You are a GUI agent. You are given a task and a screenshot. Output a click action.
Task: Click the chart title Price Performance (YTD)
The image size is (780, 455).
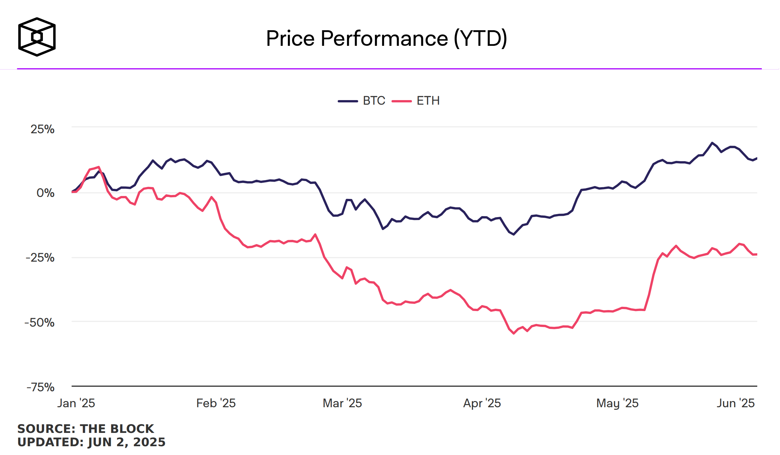tap(386, 38)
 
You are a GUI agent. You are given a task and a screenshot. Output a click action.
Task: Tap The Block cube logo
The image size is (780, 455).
tap(37, 37)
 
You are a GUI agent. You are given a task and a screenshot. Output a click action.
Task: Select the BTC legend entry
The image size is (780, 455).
tap(362, 101)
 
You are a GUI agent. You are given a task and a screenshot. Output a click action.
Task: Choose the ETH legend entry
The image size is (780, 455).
tap(416, 101)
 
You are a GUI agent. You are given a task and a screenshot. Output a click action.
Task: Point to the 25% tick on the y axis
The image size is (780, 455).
tap(43, 129)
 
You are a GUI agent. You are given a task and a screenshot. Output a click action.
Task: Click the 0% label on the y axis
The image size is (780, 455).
tap(45, 193)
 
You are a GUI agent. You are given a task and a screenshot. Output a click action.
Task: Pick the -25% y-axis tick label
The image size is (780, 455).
tap(40, 258)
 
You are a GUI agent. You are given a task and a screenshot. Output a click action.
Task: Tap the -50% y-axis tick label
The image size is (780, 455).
tap(40, 323)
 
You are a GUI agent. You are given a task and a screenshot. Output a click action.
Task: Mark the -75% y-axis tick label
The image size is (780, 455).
tap(41, 387)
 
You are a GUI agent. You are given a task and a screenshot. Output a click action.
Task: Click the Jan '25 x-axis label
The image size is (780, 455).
tap(76, 403)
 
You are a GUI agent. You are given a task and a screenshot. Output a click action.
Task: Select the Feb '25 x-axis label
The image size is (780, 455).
tap(216, 403)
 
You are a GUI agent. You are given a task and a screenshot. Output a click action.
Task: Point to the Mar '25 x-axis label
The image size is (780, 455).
tap(342, 403)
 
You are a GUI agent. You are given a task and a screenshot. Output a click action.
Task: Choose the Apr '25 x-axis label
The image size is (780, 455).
tap(482, 403)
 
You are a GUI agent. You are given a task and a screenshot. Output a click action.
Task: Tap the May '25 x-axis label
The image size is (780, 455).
tap(617, 403)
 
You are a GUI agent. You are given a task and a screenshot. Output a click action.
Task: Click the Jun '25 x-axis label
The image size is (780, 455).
tap(735, 403)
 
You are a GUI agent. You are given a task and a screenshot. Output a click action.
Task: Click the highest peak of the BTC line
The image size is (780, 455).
tap(712, 143)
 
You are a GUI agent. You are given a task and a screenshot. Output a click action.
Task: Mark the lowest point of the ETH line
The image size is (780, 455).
tap(514, 333)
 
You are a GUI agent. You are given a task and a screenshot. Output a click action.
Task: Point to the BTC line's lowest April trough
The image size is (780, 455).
tap(514, 234)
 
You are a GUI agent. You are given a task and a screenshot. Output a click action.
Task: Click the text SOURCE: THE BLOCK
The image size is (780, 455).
tap(86, 429)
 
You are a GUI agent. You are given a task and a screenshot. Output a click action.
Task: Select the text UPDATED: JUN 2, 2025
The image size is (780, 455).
tap(91, 442)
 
